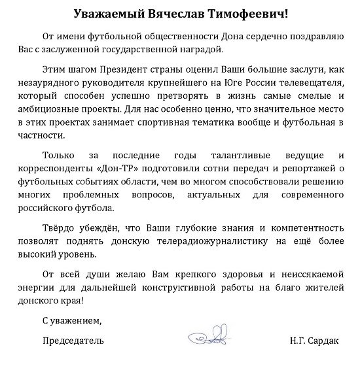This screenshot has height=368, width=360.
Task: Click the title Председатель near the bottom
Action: pos(73,341)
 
